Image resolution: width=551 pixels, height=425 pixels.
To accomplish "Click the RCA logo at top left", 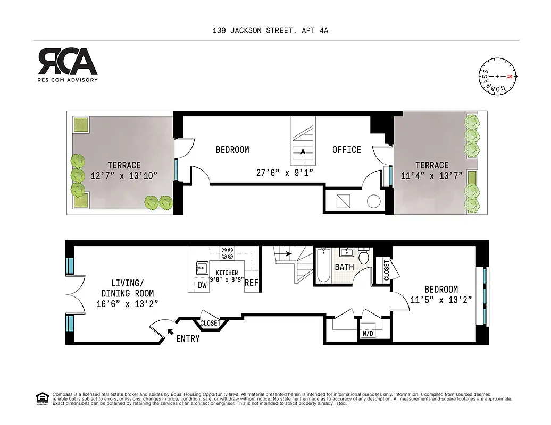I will (67, 62).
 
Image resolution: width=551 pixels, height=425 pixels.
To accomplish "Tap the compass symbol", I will (499, 77).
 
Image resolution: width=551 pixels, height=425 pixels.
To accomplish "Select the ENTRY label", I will (188, 338).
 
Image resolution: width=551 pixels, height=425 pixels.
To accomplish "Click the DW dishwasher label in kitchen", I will (202, 285).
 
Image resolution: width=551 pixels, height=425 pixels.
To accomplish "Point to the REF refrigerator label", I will (251, 283).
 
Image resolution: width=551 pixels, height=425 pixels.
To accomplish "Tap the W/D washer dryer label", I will (368, 334).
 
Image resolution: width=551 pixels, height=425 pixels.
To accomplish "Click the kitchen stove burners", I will (227, 253).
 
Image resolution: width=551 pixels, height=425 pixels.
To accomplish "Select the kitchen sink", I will (202, 266).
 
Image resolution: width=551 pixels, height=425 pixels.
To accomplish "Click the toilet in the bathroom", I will (364, 257).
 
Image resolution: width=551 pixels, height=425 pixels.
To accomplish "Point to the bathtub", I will (323, 265).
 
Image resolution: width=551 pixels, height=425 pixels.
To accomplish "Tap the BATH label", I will (344, 267).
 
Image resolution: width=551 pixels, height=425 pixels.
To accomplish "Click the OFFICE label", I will (347, 150).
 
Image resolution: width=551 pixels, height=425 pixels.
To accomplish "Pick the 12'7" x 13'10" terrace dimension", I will (124, 176).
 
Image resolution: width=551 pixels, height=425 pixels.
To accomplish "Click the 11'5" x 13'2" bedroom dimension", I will (441, 300).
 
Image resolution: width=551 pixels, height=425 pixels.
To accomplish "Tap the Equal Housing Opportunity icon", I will (41, 398).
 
